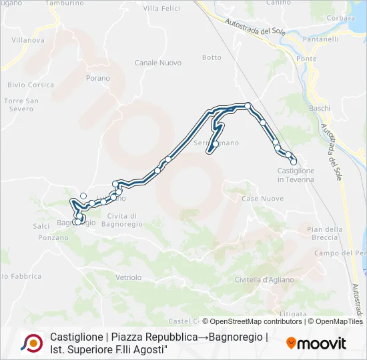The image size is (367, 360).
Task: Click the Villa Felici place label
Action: coord(161,8)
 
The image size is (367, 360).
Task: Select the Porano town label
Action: coord(97,78)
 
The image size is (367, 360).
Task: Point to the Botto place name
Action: coord(212,57)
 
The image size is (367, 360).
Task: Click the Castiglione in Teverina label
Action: coord(296,175)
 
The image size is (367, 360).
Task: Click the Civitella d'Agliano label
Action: coord(264,280)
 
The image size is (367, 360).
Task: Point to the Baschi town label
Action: coord(320,108)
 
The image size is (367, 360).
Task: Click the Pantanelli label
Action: coord(314,41)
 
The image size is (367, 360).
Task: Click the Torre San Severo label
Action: coord(21,105)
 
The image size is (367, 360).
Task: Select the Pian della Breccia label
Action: coord(324,233)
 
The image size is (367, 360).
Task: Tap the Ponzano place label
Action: coord(53,237)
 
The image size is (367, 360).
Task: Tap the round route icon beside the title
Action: coord(31,343)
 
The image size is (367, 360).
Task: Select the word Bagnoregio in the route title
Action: coord(237,337)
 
